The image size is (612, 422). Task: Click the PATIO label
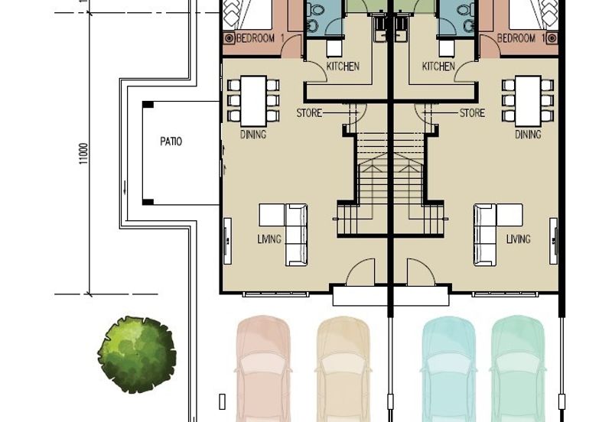tap(171, 141)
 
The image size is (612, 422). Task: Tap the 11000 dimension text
tap(84, 154)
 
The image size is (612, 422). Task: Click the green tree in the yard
tap(137, 354)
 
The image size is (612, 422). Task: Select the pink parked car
tap(263, 368)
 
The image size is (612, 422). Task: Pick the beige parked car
tap(343, 368)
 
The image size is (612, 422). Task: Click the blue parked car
tap(449, 368)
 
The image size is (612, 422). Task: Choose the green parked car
tap(518, 368)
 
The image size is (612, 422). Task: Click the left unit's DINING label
tap(253, 135)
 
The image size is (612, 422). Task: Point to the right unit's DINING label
tap(528, 135)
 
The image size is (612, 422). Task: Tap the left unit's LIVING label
tap(269, 239)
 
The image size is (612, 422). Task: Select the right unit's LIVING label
tap(519, 239)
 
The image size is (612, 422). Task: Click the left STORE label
tap(309, 113)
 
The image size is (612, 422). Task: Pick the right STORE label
tap(472, 113)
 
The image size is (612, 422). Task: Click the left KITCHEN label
tap(343, 67)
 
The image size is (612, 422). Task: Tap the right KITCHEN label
tap(438, 67)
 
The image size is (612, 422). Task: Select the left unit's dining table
tap(253, 101)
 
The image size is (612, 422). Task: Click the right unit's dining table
tap(528, 101)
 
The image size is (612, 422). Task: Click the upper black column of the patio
tap(148, 105)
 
